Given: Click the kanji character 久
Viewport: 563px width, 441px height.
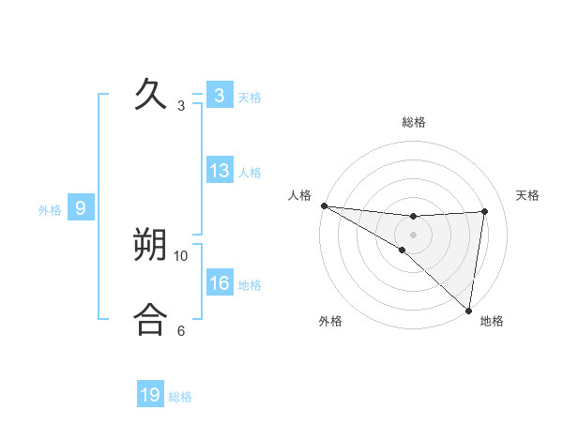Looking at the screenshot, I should (151, 95).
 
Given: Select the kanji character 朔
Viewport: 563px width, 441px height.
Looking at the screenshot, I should (151, 245).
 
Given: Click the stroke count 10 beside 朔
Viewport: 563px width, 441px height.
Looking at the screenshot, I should (182, 255).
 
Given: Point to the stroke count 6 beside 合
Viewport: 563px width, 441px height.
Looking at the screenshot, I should (181, 330).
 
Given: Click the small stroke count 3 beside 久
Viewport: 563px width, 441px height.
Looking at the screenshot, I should (181, 106).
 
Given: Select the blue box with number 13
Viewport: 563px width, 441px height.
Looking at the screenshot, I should (220, 171).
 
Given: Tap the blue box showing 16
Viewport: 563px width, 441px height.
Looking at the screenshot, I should (220, 283).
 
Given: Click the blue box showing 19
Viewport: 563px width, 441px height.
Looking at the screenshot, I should (150, 395).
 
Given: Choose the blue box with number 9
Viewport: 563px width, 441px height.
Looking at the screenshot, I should (81, 208).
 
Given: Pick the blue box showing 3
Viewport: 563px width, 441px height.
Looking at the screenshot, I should (220, 96).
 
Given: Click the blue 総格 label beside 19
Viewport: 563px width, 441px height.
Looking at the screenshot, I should (180, 397).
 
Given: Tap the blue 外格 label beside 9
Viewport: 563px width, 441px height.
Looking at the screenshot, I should (50, 210).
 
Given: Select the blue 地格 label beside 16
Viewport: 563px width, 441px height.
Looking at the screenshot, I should (250, 285).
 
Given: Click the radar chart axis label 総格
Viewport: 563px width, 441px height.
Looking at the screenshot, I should (414, 122).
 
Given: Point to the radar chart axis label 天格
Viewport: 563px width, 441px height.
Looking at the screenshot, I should (528, 195).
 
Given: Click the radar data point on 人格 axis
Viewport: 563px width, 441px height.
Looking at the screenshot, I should (324, 205).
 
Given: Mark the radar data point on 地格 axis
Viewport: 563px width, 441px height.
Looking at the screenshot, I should (468, 310).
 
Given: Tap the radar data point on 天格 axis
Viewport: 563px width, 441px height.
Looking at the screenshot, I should (484, 211).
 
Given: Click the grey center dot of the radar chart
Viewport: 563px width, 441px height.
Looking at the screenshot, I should (413, 235).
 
